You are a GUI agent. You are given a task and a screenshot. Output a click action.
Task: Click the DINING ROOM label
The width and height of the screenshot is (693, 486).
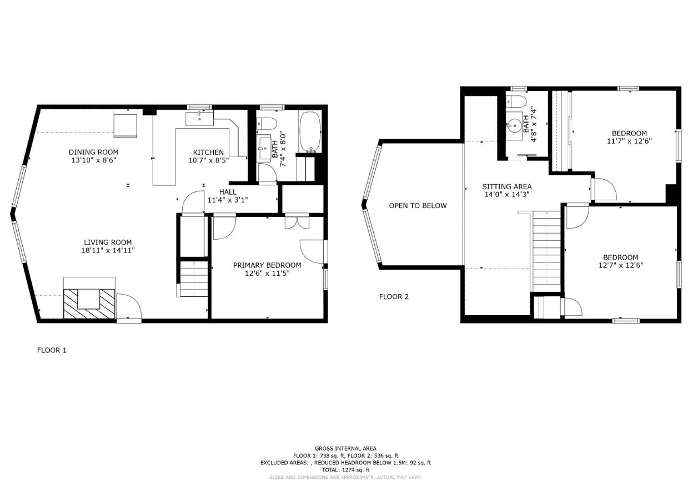(x=93, y=152)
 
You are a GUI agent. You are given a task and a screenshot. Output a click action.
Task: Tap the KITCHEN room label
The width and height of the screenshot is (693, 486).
(x=208, y=152)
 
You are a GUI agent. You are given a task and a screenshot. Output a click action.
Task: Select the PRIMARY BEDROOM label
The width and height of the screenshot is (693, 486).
(x=267, y=265)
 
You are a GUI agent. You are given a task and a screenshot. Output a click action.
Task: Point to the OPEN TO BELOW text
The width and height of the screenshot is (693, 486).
(x=418, y=206)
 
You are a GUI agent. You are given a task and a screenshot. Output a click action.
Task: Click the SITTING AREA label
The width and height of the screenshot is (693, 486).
(x=507, y=187)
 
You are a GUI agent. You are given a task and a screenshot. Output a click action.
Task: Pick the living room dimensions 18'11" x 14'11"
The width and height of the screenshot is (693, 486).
(x=108, y=250)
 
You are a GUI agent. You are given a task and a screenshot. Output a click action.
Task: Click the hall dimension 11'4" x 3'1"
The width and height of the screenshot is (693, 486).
(x=228, y=200)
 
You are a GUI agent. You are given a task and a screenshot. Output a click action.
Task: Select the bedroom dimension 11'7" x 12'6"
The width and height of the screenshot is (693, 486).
(x=629, y=141)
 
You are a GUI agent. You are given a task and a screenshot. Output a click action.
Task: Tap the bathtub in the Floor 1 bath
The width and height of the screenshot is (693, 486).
(x=310, y=132)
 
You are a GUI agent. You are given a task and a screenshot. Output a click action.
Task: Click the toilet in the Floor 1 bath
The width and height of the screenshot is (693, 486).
(x=267, y=124)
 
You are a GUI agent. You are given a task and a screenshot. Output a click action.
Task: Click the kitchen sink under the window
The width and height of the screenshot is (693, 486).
(x=199, y=119)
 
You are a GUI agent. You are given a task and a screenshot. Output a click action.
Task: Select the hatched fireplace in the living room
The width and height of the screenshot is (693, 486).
(x=89, y=303)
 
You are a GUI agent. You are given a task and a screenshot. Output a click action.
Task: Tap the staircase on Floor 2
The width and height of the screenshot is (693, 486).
(x=546, y=251)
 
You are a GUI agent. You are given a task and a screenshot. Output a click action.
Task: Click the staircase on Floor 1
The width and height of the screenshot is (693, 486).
(x=194, y=279)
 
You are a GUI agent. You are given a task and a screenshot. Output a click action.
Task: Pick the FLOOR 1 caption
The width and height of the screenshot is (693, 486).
(x=52, y=350)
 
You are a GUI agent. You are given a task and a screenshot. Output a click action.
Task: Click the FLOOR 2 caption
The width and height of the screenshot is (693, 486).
(x=394, y=297)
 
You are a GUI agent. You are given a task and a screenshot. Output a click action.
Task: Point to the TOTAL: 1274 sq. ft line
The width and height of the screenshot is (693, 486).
(x=345, y=470)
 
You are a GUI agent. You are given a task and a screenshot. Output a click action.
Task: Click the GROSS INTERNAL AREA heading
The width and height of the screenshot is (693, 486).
(x=345, y=448)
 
